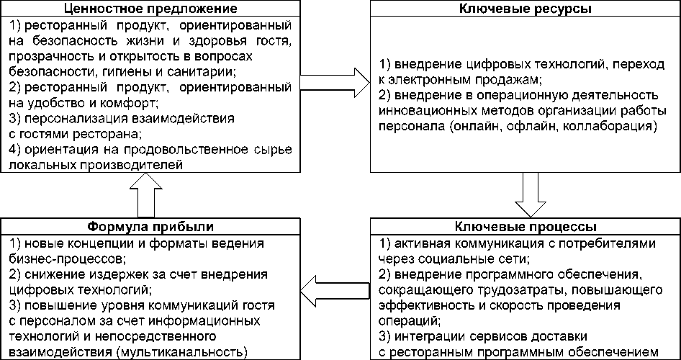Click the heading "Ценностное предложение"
(x=150, y=9)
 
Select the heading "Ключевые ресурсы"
(x=524, y=9)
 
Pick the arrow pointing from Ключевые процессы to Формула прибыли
(x=335, y=290)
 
